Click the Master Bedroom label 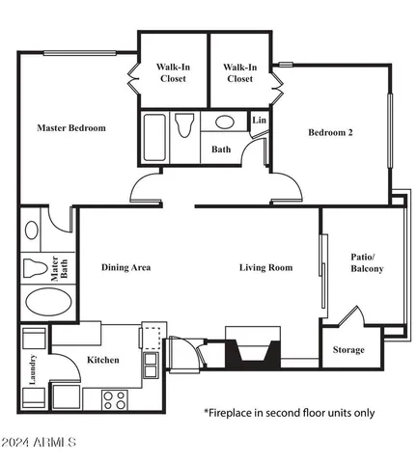[x=71, y=127]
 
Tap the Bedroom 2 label [x=330, y=133]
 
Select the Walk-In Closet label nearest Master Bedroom [x=173, y=72]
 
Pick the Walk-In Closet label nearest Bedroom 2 [x=239, y=72]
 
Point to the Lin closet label [x=259, y=120]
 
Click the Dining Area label [x=125, y=267]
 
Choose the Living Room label [x=265, y=267]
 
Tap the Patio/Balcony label [x=367, y=262]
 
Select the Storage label [x=348, y=349]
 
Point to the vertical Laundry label [x=32, y=369]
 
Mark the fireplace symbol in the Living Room [x=252, y=349]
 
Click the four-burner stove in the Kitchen [x=114, y=396]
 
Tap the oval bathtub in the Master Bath [x=47, y=303]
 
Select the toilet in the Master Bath [x=37, y=266]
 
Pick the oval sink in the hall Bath [x=224, y=123]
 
